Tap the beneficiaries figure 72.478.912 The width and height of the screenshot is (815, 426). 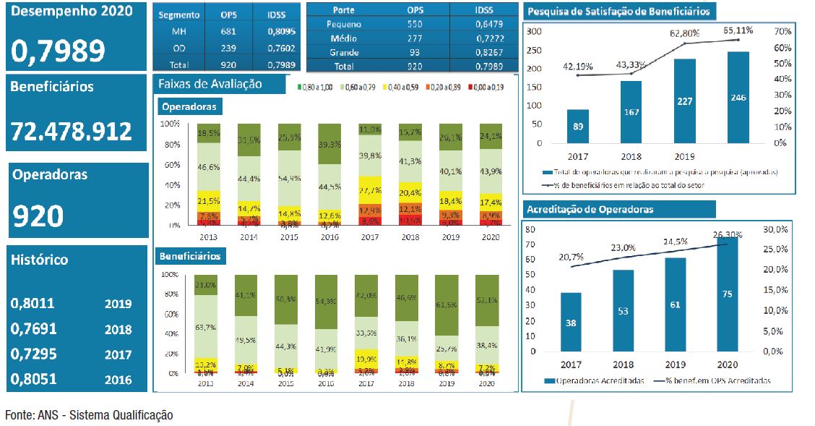click(x=72, y=131)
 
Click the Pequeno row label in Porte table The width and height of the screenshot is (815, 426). click(x=345, y=24)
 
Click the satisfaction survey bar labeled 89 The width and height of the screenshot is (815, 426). click(x=577, y=126)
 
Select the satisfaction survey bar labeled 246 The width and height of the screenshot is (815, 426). click(x=738, y=97)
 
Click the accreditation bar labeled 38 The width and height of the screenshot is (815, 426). click(x=571, y=322)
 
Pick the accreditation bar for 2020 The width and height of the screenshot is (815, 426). click(x=727, y=294)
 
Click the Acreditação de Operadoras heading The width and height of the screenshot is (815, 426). click(x=590, y=210)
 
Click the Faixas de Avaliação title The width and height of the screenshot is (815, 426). click(x=220, y=84)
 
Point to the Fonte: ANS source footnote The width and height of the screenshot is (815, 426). click(x=89, y=415)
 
